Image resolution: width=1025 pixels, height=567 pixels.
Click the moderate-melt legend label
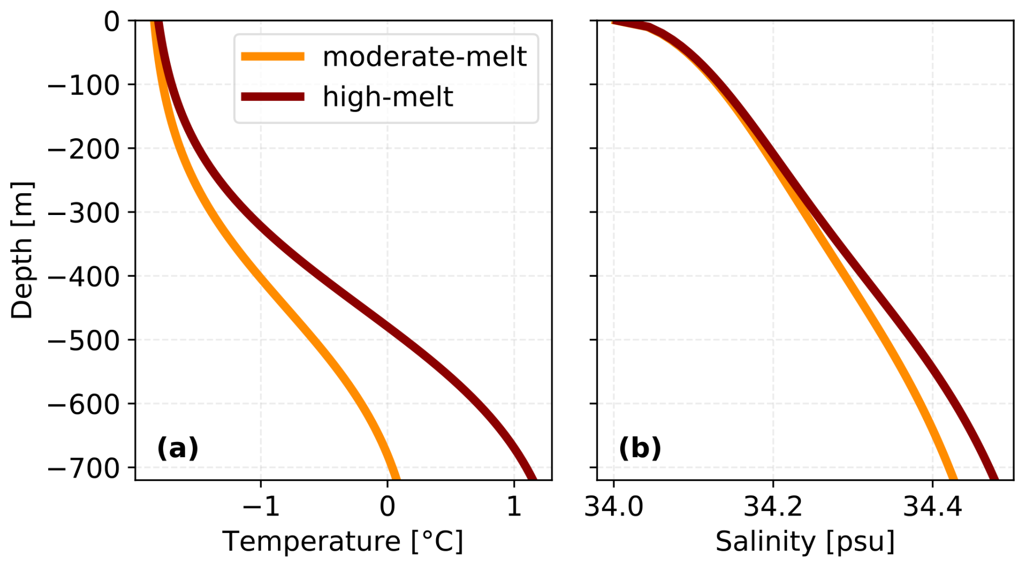(424, 56)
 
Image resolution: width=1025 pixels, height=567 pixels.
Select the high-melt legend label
(387, 97)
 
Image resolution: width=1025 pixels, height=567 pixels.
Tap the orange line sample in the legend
(273, 56)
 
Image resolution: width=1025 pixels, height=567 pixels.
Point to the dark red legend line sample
(273, 97)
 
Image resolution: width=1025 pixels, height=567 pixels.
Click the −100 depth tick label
(84, 85)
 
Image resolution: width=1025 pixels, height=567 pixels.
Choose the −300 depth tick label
(84, 213)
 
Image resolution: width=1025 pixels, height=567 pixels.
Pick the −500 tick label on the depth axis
(84, 341)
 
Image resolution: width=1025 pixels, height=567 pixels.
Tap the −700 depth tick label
(84, 468)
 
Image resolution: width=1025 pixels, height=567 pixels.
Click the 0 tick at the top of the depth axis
(112, 22)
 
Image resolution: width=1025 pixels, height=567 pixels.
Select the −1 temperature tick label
(261, 507)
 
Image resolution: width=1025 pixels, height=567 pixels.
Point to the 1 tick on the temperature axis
(514, 507)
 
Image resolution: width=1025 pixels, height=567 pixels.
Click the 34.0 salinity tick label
(613, 507)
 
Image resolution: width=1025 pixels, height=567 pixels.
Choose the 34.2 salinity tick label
(773, 507)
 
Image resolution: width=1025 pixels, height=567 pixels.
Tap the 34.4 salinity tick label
(932, 507)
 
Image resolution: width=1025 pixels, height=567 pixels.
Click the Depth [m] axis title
(22, 250)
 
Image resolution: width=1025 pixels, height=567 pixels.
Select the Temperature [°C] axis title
(343, 542)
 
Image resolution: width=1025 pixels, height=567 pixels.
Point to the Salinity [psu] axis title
(805, 542)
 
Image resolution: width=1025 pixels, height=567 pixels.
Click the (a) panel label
(178, 448)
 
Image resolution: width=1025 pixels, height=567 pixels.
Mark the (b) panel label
(640, 448)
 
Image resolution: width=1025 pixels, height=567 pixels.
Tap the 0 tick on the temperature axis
(387, 507)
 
